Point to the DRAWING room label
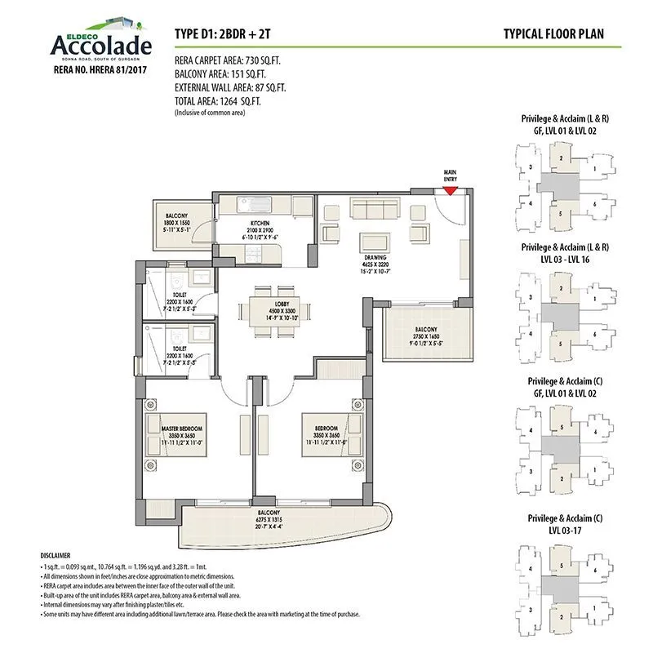click(375, 258)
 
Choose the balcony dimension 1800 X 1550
click(177, 222)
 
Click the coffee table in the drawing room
click(375, 242)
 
